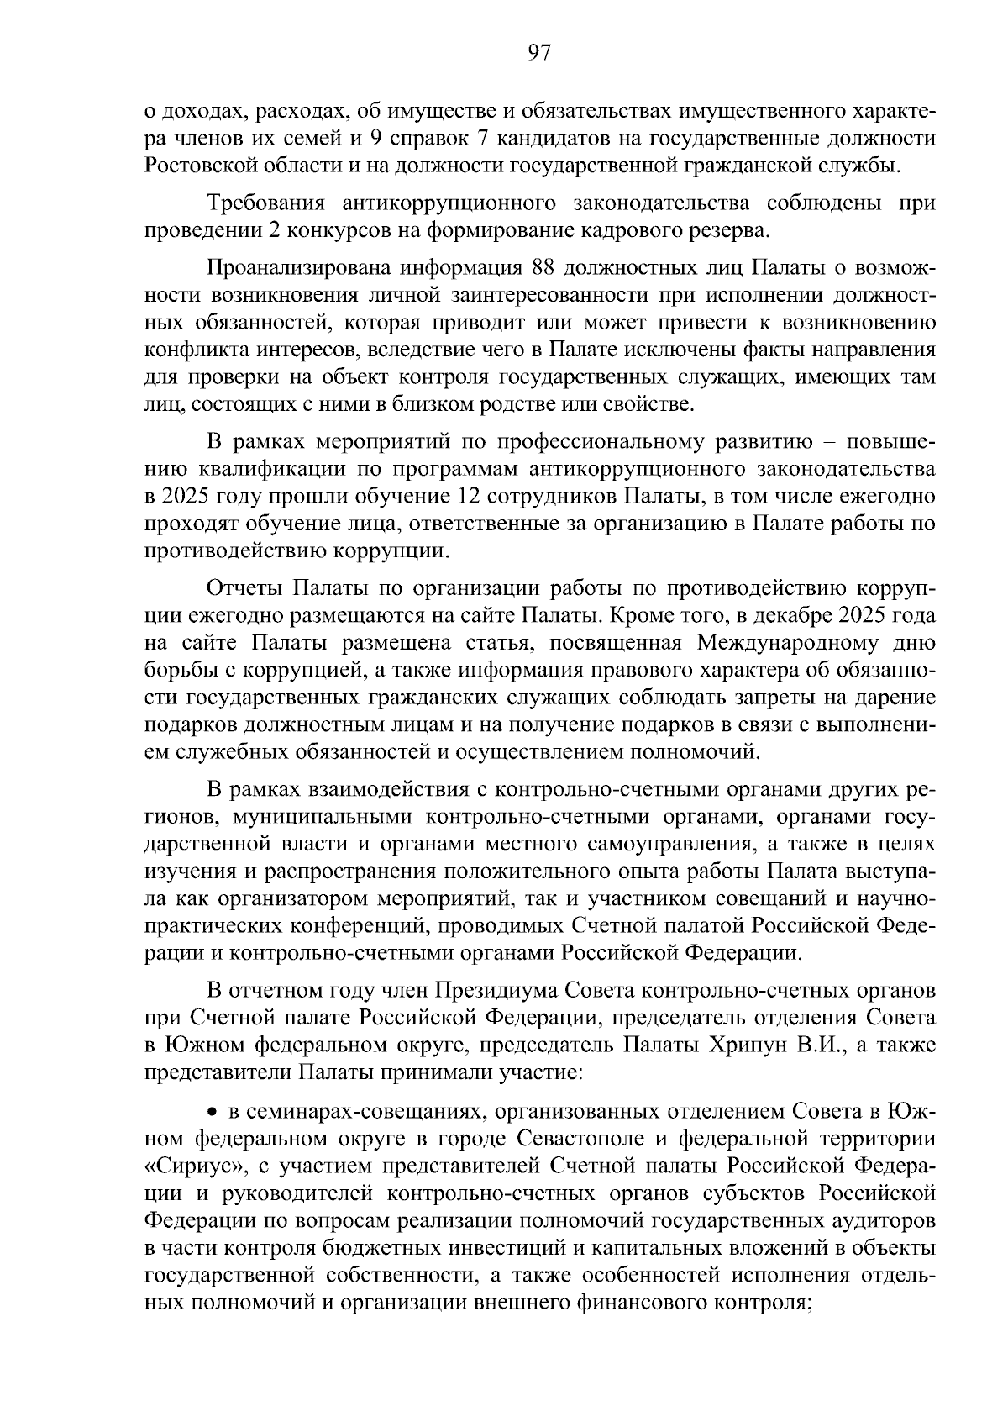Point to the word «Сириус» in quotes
[x=185, y=1166]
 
